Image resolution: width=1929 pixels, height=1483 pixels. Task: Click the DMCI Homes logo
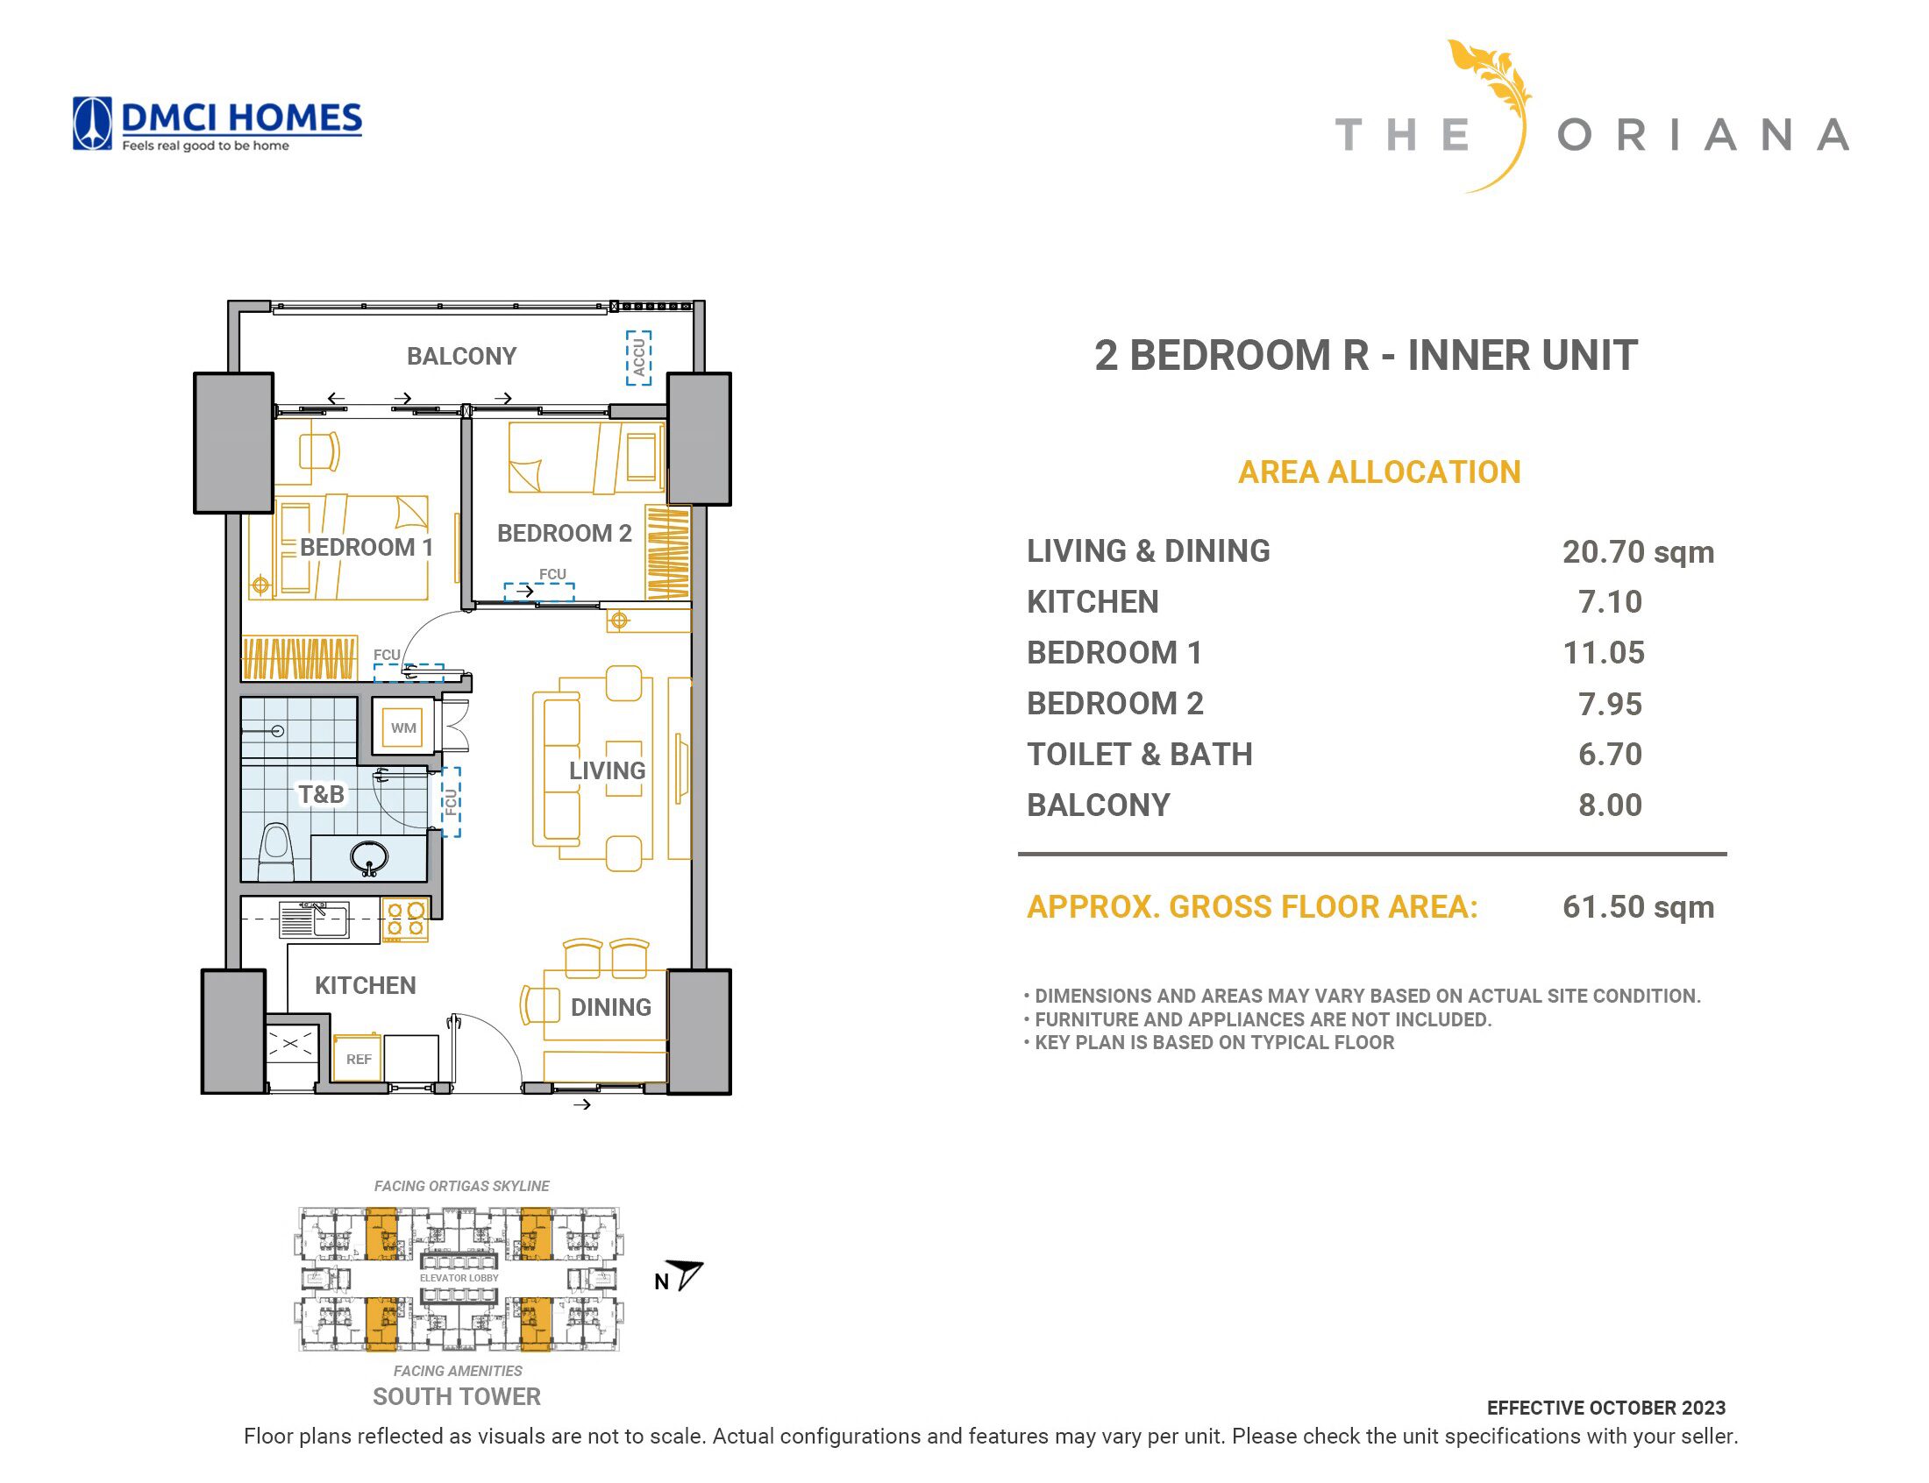217,124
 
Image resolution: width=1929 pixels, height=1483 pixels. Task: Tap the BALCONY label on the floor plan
461,356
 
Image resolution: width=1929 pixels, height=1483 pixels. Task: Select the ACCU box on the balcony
638,358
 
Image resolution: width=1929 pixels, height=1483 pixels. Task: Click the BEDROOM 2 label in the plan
564,533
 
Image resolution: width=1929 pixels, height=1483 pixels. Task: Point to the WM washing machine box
403,727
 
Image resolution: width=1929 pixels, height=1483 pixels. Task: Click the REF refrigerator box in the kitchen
358,1058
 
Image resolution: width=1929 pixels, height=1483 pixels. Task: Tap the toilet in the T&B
275,851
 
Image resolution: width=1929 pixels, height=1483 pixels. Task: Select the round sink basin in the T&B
369,857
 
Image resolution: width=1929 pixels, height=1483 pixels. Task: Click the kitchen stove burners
405,919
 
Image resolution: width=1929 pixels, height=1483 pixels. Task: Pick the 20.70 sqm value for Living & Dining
1638,551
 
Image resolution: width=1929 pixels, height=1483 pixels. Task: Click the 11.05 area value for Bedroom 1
1603,652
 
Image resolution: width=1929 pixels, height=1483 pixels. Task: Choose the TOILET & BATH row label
1139,755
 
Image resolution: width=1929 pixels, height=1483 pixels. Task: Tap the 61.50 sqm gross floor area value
1638,906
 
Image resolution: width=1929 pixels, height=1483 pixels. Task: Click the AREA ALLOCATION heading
1379,472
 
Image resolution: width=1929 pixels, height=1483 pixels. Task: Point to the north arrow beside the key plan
685,1274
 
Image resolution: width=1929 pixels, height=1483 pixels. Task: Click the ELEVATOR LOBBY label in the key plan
459,1277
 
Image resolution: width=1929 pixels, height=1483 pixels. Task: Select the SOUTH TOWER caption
457,1396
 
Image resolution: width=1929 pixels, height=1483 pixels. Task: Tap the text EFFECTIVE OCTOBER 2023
1605,1408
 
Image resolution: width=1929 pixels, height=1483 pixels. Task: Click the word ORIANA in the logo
1703,136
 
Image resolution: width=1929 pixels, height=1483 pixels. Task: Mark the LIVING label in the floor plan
608,770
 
